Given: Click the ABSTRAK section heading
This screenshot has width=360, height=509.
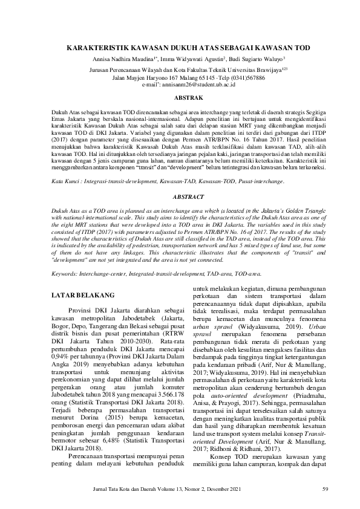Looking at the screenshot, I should pos(180,97).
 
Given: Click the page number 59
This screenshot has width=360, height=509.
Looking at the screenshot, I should pos(325,489).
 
